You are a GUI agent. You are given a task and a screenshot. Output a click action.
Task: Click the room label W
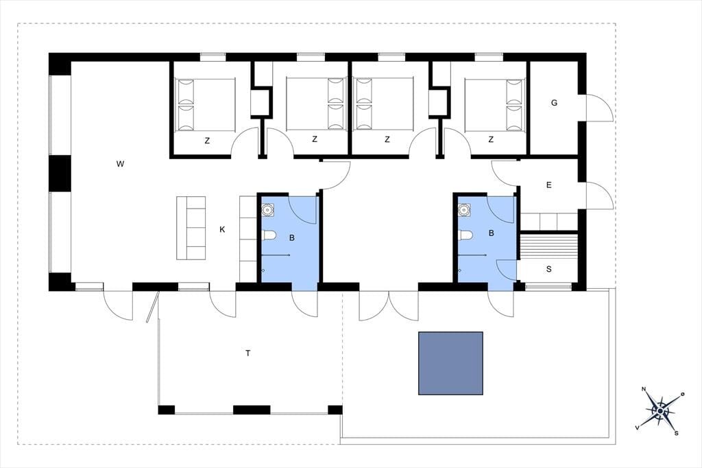pos(120,164)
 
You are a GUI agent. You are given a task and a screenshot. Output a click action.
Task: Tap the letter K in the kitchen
pos(222,229)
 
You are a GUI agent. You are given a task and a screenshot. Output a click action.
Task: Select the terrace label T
pos(247,353)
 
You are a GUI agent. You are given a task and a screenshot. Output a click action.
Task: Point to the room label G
pos(554,103)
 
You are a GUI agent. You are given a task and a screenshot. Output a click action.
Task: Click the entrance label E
pos(549,185)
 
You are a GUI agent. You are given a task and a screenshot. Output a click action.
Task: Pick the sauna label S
pos(549,269)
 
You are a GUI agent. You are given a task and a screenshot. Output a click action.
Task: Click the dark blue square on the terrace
pos(450,363)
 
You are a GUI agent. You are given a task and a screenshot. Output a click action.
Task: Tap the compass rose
pos(660,410)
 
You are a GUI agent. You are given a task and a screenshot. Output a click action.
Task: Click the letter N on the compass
pos(644,388)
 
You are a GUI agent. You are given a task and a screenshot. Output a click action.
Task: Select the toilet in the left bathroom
pos(269,235)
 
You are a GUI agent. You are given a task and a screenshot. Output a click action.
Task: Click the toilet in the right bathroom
pos(466,235)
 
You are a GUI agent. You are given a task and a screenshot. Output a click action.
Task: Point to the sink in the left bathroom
pos(268,210)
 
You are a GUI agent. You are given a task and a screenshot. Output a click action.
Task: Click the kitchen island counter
pos(191,228)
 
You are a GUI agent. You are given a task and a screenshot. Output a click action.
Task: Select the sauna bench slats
pos(548,246)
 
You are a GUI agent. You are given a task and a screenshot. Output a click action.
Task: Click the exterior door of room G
pos(599,108)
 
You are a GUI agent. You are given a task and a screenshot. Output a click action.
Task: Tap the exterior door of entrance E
pos(599,196)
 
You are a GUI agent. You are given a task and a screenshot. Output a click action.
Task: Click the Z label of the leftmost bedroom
pos(207,141)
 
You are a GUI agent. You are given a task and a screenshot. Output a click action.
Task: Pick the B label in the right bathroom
pos(491,233)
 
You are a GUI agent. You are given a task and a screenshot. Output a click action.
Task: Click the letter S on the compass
pos(677,433)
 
